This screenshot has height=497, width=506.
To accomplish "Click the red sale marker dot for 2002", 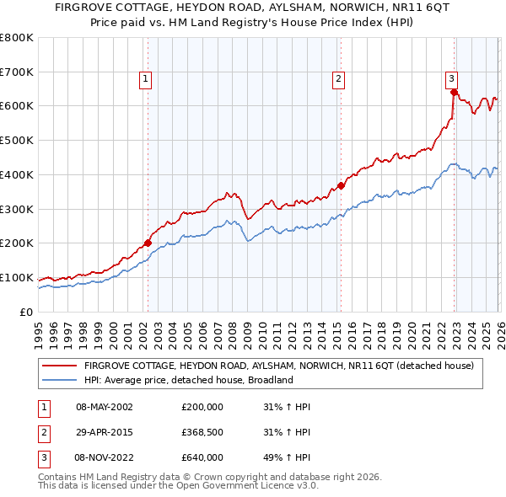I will pos(148,243).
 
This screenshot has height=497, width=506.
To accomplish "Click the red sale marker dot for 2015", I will pos(341,185).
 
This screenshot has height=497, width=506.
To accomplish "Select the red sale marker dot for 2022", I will pos(454,92).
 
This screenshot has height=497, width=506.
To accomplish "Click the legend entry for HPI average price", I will pos(188,380).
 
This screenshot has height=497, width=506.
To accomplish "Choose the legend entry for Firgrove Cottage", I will pos(278,366).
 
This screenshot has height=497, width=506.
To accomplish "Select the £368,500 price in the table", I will pos(202,432).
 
